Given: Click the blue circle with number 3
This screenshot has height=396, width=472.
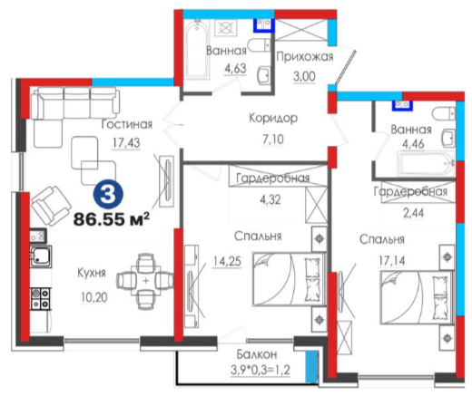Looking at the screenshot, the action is point(108,195).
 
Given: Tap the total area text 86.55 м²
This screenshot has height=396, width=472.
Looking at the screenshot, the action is point(112,219).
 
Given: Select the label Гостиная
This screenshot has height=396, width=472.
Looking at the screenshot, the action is point(127,124).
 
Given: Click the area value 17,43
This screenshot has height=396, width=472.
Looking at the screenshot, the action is point(126,142).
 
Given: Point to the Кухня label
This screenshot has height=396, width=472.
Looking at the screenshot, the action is point(92,273).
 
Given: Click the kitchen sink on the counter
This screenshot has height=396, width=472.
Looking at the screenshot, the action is point(41,256).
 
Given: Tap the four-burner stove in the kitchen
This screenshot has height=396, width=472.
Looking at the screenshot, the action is point(40,298).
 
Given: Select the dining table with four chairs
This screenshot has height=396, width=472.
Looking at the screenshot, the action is point(146,281).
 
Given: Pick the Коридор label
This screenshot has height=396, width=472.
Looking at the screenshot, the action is point(273,118).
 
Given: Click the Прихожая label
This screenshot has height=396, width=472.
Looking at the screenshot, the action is point(305,56).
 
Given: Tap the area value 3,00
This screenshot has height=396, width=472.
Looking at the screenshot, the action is point(304,76).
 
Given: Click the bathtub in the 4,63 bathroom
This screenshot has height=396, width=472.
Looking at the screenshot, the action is point(197,51).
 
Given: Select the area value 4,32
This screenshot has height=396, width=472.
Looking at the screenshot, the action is point(270,199).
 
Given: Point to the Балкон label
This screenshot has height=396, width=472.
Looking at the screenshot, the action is point(257,354).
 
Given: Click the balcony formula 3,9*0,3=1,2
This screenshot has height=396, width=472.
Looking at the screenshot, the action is point(261,370).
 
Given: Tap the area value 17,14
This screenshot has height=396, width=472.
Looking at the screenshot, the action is point(392,260).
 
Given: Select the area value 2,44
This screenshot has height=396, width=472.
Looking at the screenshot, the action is point(413,213).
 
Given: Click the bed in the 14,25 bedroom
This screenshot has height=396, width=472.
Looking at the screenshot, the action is point(290,279).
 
